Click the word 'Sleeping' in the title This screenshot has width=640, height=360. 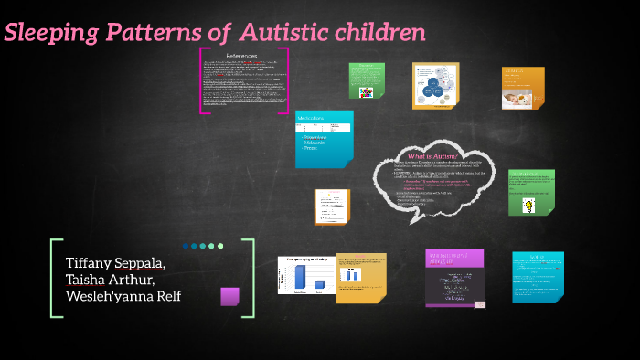[x=52, y=34]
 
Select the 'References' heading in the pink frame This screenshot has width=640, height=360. [x=243, y=56]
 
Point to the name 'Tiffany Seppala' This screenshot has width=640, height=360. [x=114, y=263]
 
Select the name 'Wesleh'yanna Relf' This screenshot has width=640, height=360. [x=123, y=296]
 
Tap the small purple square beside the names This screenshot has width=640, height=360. [x=230, y=296]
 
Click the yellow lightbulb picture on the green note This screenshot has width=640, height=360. [x=528, y=206]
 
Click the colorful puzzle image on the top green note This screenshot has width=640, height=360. [x=367, y=91]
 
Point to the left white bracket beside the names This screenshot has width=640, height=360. [x=55, y=278]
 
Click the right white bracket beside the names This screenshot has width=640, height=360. [x=249, y=278]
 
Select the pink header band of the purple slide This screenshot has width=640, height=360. [x=455, y=259]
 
